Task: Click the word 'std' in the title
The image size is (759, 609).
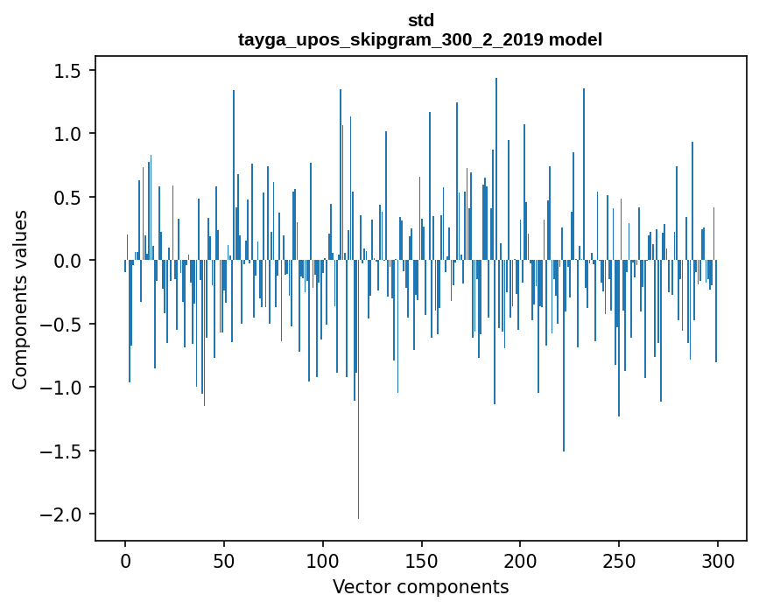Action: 420,20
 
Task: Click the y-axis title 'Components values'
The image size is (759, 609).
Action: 20,299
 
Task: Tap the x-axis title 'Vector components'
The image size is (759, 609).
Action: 420,586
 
